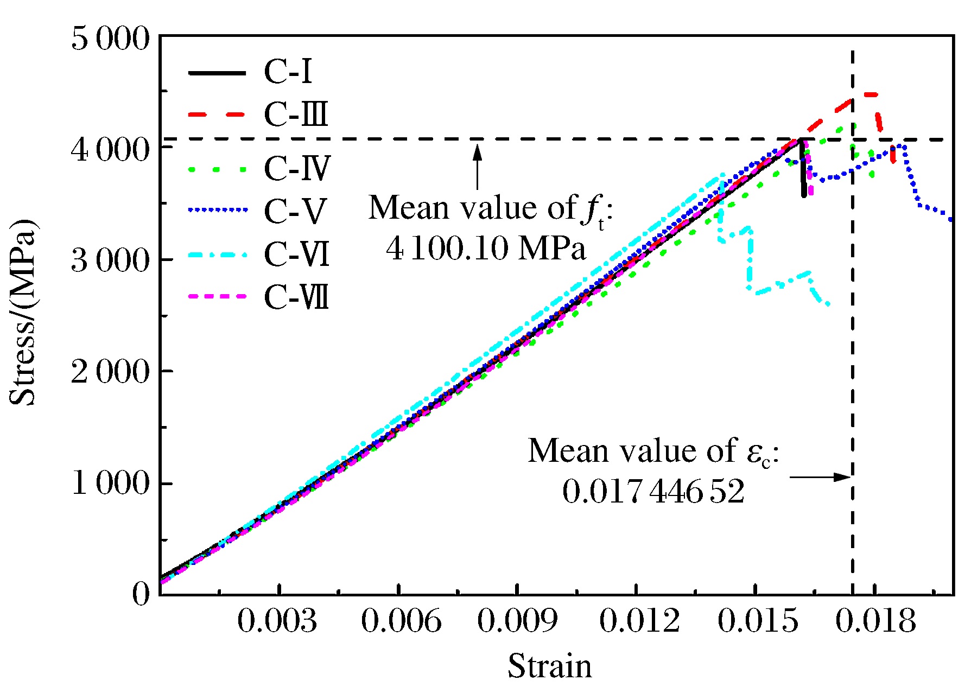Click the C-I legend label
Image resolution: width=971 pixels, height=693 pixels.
288,72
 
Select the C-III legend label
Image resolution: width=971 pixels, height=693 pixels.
296,115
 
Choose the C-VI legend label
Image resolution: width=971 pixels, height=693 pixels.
297,253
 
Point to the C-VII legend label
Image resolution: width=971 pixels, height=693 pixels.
296,297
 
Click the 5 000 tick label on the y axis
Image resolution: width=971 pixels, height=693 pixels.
110,39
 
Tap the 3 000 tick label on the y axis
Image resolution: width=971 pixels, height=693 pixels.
110,260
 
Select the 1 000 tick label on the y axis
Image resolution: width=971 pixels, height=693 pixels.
110,482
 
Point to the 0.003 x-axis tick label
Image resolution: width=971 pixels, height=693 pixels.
277,620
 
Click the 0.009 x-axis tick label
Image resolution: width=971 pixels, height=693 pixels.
517,620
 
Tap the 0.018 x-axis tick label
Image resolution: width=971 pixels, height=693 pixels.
875,620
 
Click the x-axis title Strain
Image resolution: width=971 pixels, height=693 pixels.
549,666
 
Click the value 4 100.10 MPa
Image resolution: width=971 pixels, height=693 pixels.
486,249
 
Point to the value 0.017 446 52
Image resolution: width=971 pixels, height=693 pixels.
653,492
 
